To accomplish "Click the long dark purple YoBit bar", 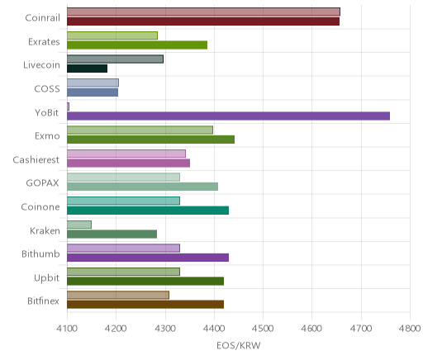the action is pos(228,116).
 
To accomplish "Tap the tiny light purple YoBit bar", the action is pos(68,107).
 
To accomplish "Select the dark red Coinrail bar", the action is pos(203,21).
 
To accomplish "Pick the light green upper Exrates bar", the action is pos(112,36).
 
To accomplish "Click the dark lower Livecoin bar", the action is pos(87,69).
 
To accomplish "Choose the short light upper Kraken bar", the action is pos(79,225).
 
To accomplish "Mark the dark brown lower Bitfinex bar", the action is pos(145,305).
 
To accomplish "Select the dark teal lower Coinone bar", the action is pos(148,211).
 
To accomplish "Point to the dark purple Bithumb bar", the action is pos(148,258).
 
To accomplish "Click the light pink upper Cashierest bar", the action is pos(126,154).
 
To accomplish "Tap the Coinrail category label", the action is pos(42,18).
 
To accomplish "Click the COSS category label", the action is pos(47,89).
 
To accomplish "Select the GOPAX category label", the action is pos(42,183).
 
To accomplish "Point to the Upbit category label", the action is pos(46,277).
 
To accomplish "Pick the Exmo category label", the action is pos(47,136).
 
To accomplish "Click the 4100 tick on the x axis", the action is pos(67,329).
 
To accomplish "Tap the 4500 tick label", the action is pos(263,329).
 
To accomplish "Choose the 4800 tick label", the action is pos(410,329).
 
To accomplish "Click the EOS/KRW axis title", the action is pos(239,346).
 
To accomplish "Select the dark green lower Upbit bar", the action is pos(145,282).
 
